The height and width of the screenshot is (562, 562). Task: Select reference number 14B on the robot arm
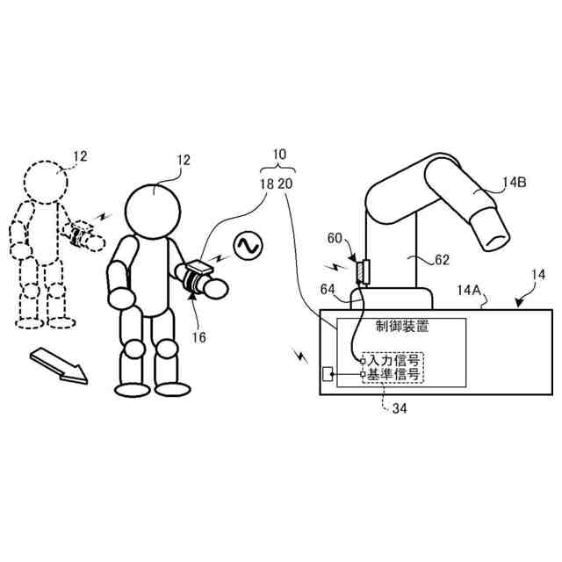(515, 184)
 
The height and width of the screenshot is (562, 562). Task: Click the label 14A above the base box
(467, 289)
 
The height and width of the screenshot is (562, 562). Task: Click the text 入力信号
(393, 360)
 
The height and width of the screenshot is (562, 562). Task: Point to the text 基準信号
(393, 375)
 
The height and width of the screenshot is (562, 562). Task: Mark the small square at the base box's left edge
(328, 375)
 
